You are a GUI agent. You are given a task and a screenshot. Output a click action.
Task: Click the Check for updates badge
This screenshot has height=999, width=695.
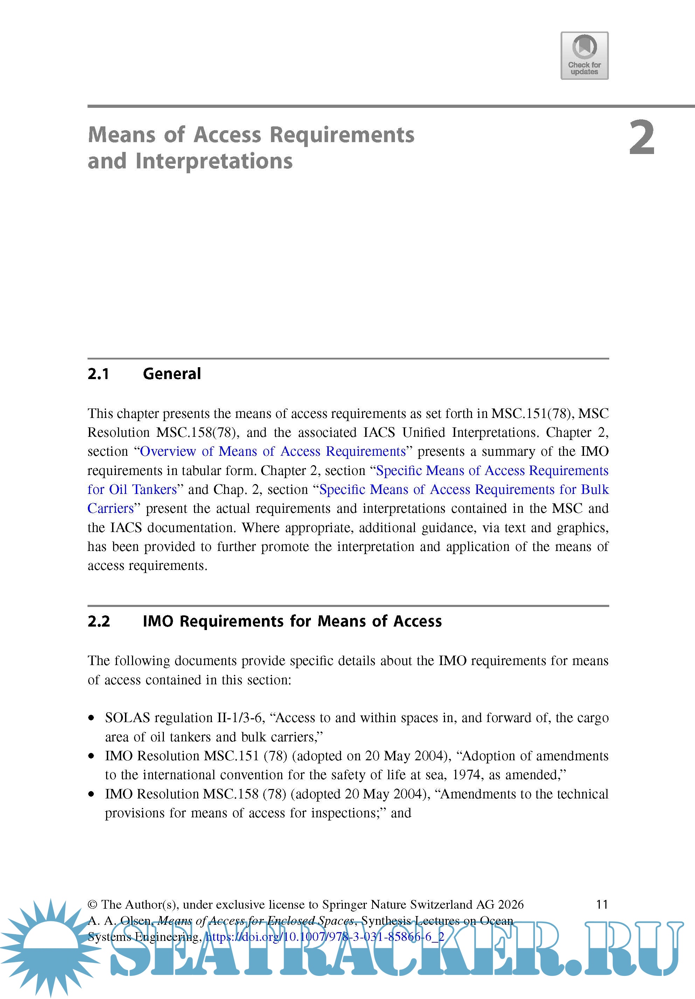[584, 56]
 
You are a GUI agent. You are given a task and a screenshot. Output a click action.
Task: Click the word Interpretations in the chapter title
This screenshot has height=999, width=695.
[214, 161]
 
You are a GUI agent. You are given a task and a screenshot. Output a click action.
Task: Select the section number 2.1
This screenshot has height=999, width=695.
[98, 374]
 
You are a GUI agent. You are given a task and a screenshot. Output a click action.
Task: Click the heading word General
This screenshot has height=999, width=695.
[172, 374]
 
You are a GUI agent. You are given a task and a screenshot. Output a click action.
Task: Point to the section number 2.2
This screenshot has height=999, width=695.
[99, 621]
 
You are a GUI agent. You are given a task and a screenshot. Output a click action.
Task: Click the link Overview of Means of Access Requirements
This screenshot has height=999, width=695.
[272, 451]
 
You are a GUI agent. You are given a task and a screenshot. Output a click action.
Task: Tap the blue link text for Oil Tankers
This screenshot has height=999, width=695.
[132, 489]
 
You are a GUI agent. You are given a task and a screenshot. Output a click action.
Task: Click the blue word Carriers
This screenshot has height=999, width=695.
[111, 508]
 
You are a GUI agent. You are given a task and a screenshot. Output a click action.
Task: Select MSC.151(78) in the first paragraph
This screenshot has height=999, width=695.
[530, 413]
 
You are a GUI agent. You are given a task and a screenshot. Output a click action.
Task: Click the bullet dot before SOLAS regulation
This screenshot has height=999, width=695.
[91, 718]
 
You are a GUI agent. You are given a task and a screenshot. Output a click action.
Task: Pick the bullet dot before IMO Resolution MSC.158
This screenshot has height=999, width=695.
[91, 795]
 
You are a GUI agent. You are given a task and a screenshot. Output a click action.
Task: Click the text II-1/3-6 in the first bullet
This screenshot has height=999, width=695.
[241, 718]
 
